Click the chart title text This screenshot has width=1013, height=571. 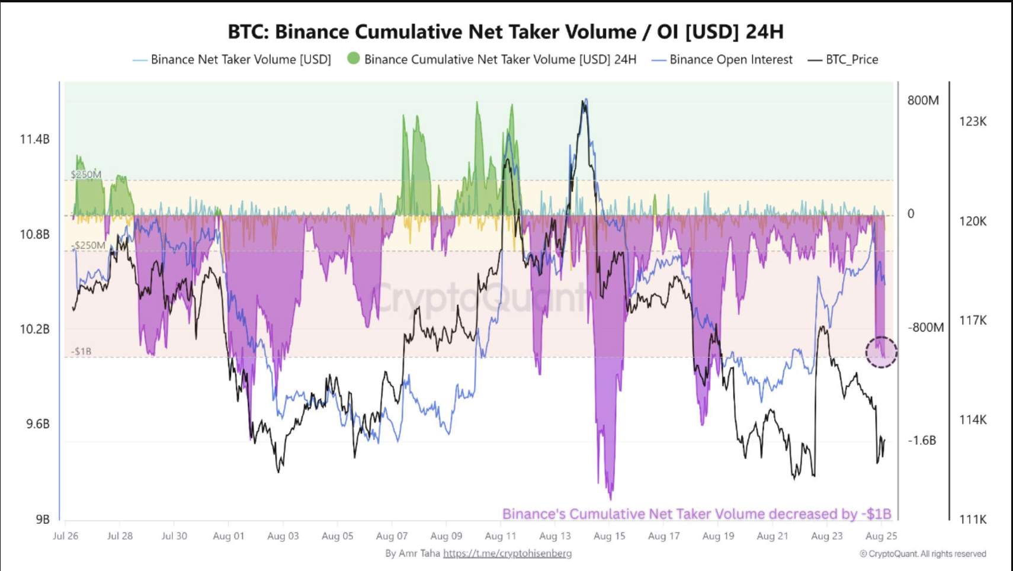click(505, 31)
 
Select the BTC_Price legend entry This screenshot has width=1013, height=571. click(851, 59)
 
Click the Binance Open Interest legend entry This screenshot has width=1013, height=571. click(730, 59)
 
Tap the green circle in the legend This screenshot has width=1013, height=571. click(354, 58)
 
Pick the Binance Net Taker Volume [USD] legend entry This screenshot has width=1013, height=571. click(240, 59)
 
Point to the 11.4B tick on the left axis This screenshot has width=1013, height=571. click(34, 139)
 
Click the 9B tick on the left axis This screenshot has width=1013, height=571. click(42, 519)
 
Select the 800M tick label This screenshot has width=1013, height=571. click(923, 100)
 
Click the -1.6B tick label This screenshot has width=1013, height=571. click(922, 440)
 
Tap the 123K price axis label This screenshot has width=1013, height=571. click(973, 121)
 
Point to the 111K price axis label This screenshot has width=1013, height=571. click(973, 519)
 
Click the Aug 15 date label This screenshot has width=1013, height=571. click(609, 536)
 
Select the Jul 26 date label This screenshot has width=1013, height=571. click(65, 536)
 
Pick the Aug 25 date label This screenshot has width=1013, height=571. click(881, 536)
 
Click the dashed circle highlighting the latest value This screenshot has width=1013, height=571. click(881, 352)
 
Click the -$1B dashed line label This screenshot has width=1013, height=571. click(82, 351)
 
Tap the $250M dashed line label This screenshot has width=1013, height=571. click(86, 174)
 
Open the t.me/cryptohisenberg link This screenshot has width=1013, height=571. click(507, 553)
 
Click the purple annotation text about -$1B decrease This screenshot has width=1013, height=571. click(697, 514)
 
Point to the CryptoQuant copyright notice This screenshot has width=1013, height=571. click(923, 554)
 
